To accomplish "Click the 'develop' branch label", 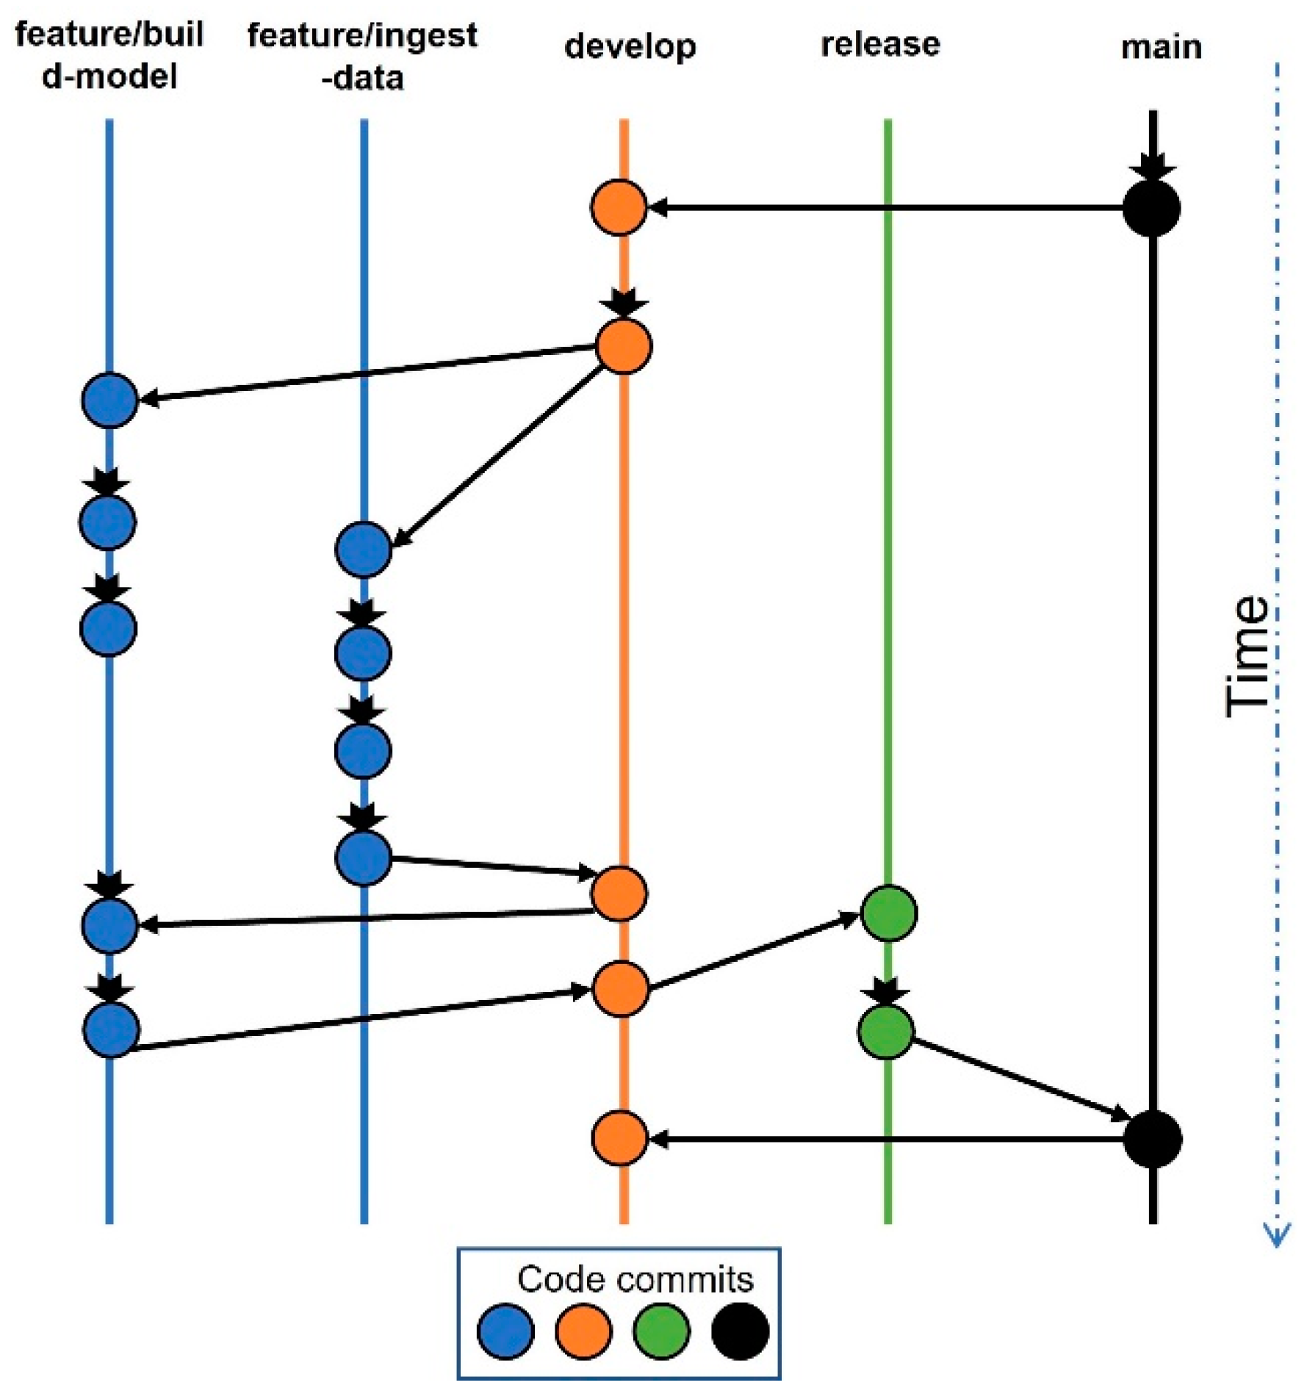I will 630,47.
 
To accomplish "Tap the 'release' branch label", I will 879,45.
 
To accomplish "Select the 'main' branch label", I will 1161,48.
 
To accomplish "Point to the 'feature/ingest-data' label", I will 362,56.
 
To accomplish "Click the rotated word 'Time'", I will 1247,656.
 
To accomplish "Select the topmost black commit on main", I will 1151,209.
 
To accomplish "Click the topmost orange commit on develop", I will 619,208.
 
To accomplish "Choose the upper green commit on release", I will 888,913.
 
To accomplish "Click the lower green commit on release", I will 885,1032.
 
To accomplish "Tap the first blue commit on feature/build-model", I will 109,400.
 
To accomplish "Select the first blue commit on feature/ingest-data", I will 363,550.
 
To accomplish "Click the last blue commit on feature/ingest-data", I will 363,857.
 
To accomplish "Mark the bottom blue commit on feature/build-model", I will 111,1030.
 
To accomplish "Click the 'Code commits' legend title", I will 635,1279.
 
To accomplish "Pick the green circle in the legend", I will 661,1331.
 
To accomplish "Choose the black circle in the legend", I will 740,1331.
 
